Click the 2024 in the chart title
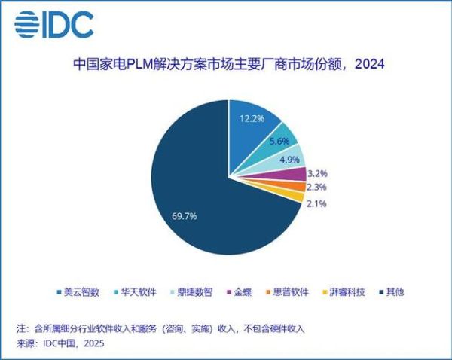tap(368, 65)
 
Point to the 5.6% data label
tap(281, 139)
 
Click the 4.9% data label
tap(289, 159)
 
